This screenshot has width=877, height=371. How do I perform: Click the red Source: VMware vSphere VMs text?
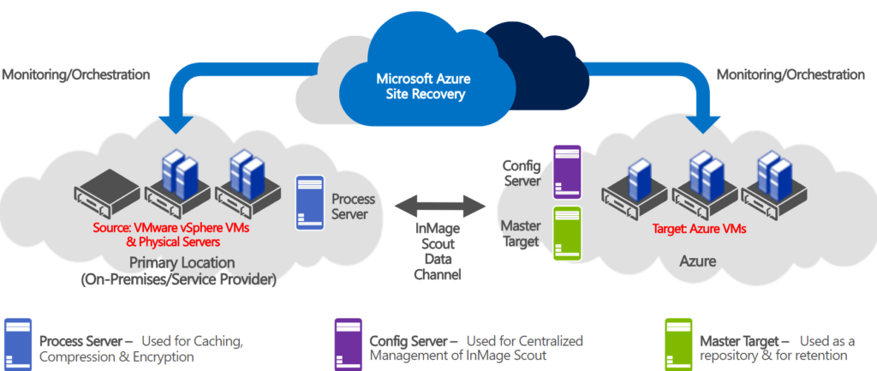(172, 230)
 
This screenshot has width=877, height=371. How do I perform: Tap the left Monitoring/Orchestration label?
(76, 75)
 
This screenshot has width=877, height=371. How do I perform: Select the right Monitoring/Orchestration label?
(790, 75)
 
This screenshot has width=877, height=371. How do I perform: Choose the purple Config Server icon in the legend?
(348, 340)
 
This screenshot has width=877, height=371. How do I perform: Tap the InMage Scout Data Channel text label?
(438, 254)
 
